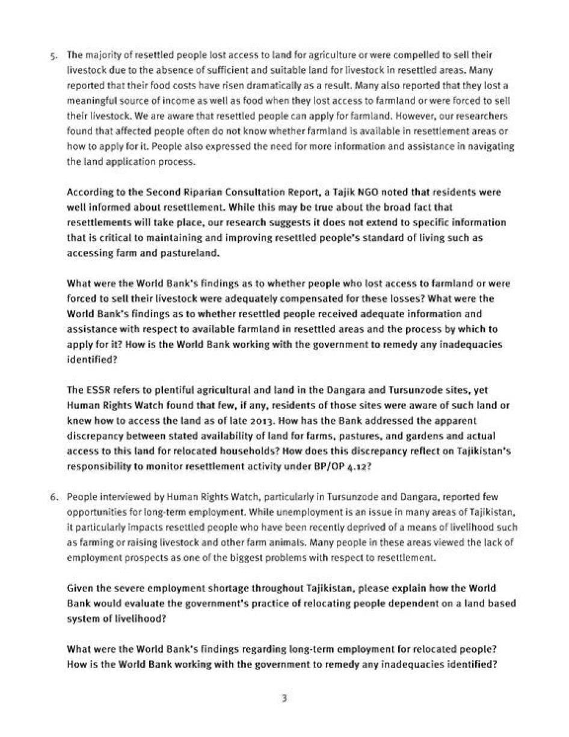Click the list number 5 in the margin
coord(54,55)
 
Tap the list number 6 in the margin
coord(54,497)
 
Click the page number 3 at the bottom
coord(284,698)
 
